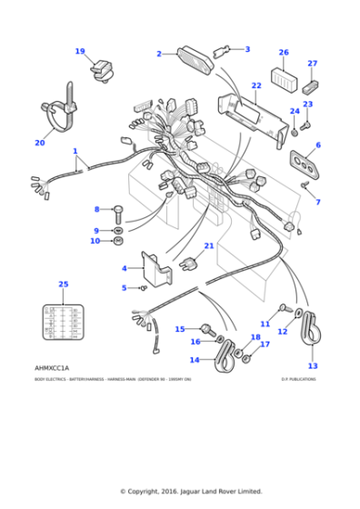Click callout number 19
(x=80, y=52)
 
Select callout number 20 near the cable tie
(x=39, y=142)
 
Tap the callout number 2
(x=158, y=55)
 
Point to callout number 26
(x=284, y=53)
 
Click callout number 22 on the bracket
(x=256, y=86)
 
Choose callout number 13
(x=313, y=365)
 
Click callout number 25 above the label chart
(x=63, y=284)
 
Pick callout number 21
(x=208, y=245)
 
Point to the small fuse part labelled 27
(x=311, y=86)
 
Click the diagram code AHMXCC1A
(x=52, y=367)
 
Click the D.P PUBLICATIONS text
(x=298, y=379)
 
